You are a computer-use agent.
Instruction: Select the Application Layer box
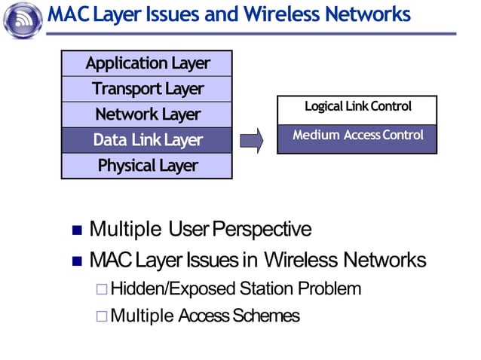(x=147, y=63)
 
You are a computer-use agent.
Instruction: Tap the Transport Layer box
(x=147, y=89)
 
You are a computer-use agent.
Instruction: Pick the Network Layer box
(x=147, y=114)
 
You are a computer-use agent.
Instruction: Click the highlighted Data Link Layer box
(x=147, y=140)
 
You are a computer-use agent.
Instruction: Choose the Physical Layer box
(x=147, y=166)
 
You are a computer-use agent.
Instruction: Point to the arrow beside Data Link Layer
(x=251, y=140)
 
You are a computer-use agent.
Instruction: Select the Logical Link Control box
(x=357, y=108)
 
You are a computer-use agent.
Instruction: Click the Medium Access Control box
(x=357, y=137)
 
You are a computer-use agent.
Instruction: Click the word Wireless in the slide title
(x=305, y=14)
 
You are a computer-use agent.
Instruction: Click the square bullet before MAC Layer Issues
(x=75, y=262)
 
